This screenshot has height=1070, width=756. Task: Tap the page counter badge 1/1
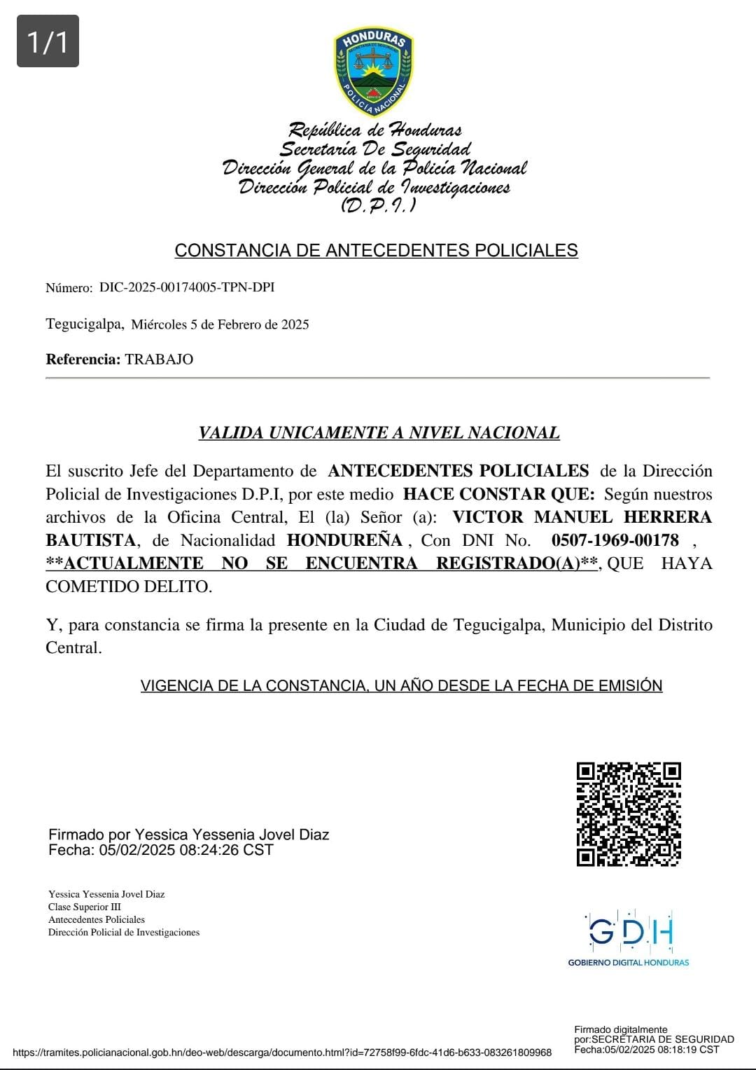[x=48, y=41]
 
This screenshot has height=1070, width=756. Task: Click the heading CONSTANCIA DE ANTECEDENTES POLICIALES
[x=376, y=250]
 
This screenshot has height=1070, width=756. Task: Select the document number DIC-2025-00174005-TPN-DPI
[x=187, y=287]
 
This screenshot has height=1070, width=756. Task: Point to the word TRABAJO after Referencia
[x=159, y=359]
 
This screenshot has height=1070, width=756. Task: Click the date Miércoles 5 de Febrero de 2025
[x=220, y=324]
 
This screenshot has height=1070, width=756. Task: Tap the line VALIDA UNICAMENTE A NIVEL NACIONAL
[x=379, y=433]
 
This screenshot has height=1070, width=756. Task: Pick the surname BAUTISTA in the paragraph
[x=90, y=540]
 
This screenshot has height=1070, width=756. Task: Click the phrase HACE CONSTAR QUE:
[x=499, y=494]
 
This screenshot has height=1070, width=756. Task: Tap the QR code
[x=629, y=814]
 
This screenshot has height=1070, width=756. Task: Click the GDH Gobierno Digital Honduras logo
[x=629, y=939]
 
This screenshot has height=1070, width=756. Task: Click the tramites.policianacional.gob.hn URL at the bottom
[x=282, y=1052]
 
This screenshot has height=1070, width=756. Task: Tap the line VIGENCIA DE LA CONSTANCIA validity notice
[x=401, y=685]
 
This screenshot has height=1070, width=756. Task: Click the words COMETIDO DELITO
[x=128, y=587]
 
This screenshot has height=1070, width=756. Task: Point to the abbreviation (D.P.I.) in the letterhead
[x=378, y=205]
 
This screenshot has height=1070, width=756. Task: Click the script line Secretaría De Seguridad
[x=375, y=149]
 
